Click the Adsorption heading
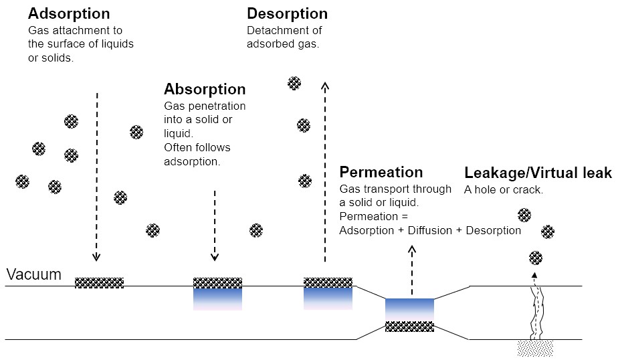[x=69, y=13]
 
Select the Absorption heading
[x=205, y=90]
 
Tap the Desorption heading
[x=288, y=13]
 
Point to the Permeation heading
[x=381, y=172]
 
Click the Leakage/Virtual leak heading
[x=538, y=173]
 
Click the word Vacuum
[x=34, y=274]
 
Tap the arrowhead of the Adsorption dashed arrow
[x=96, y=257]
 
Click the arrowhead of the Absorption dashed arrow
[x=215, y=257]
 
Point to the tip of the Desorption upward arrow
[x=325, y=83]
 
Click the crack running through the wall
[x=536, y=312]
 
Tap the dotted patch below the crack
[x=535, y=348]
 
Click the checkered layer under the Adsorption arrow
[x=99, y=282]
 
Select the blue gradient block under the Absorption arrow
[x=217, y=298]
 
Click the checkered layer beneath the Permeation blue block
[x=409, y=327]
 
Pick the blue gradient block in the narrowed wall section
[x=409, y=310]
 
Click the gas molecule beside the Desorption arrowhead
[x=294, y=84]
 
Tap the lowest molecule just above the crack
[x=536, y=258]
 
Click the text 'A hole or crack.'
[x=504, y=190]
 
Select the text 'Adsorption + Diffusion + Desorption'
[x=430, y=231]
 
